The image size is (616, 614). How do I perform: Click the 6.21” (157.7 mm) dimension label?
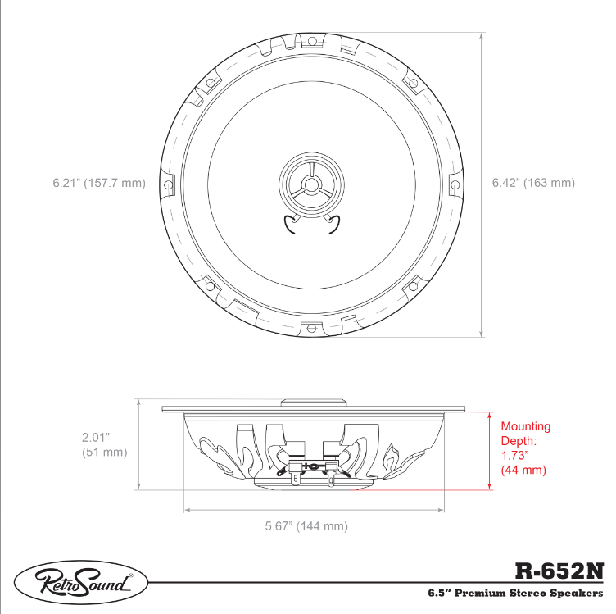[x=99, y=183]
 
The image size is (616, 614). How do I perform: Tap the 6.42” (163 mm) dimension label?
[x=533, y=183]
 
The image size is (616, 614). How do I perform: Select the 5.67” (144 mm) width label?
[x=306, y=526]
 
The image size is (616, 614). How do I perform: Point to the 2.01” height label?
[x=96, y=437]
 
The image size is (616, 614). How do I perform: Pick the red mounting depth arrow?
[x=490, y=451]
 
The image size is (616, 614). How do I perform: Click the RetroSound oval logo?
[x=81, y=582]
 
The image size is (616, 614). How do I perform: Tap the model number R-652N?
[x=559, y=571]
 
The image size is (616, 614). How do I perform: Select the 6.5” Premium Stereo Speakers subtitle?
[x=515, y=593]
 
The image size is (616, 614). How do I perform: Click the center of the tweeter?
[x=311, y=184]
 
